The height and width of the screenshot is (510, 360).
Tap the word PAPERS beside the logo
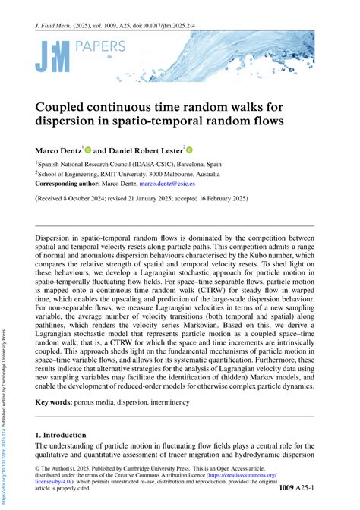(96, 47)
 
